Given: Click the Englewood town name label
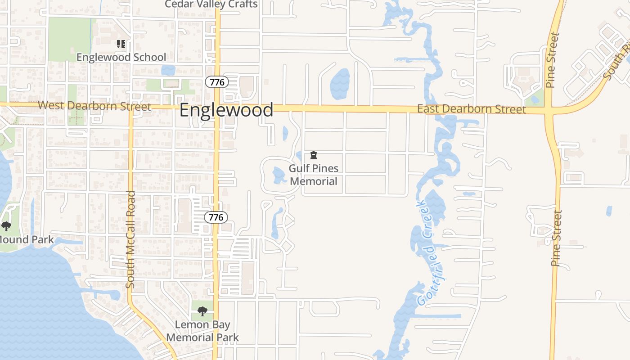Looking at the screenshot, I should coord(226,110).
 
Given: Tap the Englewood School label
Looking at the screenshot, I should coord(121,57).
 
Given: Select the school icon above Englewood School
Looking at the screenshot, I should coord(121,44).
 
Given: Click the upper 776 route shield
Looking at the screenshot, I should coord(216,82).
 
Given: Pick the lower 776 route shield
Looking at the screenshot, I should coord(216,217).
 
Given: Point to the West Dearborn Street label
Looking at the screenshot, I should coord(94,106).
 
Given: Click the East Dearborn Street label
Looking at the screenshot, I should coord(471,109).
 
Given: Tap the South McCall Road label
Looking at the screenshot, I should coord(130,240).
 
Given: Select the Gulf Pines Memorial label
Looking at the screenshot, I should coord(313,175).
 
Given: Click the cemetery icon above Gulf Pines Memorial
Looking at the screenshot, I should coord(314,156).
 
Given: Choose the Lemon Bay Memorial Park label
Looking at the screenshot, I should coord(202,331).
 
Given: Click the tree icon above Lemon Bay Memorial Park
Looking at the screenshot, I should coord(202,311).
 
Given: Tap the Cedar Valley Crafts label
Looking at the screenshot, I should coord(211,4).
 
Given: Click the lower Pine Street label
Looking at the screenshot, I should coord(557,238).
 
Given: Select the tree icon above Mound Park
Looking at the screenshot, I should coord(6,226).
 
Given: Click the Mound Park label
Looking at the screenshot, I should coord(27,239).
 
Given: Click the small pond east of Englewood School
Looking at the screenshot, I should coord(168,70).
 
